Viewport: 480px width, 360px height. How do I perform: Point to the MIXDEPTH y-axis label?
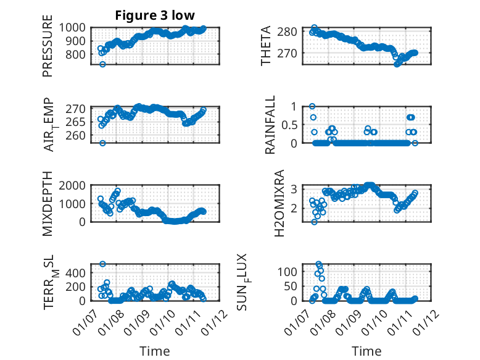[x=48, y=204]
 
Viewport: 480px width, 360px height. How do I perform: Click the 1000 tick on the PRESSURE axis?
[x=75, y=28]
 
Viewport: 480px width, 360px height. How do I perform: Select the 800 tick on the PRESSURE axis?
[x=78, y=54]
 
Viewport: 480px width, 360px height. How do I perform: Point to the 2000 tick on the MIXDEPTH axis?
[x=75, y=185]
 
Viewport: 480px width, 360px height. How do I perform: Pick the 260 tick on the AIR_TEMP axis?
[x=78, y=135]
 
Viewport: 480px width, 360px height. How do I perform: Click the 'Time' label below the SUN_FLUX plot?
[x=366, y=351]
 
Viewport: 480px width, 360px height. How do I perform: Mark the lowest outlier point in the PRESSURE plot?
[x=103, y=64]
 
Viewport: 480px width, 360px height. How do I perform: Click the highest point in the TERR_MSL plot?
[x=103, y=264]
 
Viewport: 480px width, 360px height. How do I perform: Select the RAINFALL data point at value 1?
[x=312, y=106]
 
